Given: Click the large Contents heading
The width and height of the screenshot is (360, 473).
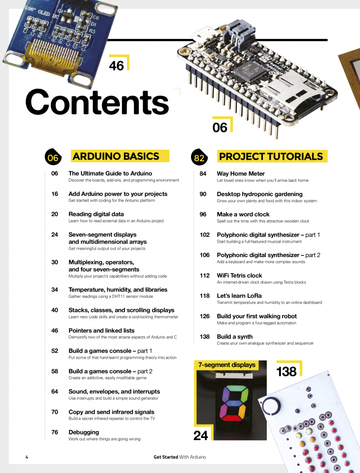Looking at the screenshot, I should click(97, 102).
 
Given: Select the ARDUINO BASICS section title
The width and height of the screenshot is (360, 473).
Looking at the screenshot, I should click(116, 156).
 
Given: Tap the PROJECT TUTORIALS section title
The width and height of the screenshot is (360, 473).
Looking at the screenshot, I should click(271, 156).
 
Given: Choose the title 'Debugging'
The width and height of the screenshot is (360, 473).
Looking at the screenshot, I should click(84, 432).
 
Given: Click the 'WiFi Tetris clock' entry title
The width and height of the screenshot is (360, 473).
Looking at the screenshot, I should click(240, 275).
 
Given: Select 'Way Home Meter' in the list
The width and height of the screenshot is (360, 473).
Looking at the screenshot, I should click(241, 173).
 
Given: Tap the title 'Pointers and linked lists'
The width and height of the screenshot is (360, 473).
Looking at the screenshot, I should click(102, 330).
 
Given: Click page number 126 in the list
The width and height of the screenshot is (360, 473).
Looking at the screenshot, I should click(205, 316).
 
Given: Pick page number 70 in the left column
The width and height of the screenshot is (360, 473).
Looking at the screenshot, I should click(55, 412).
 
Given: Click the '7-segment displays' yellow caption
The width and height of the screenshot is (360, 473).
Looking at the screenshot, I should click(227, 365).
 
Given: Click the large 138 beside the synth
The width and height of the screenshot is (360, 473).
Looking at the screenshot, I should click(286, 372).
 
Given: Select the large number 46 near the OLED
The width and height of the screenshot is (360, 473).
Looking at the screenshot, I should click(116, 66).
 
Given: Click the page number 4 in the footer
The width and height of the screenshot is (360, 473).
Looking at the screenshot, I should click(27, 457).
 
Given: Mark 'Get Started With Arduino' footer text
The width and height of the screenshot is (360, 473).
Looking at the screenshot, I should click(180, 457).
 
